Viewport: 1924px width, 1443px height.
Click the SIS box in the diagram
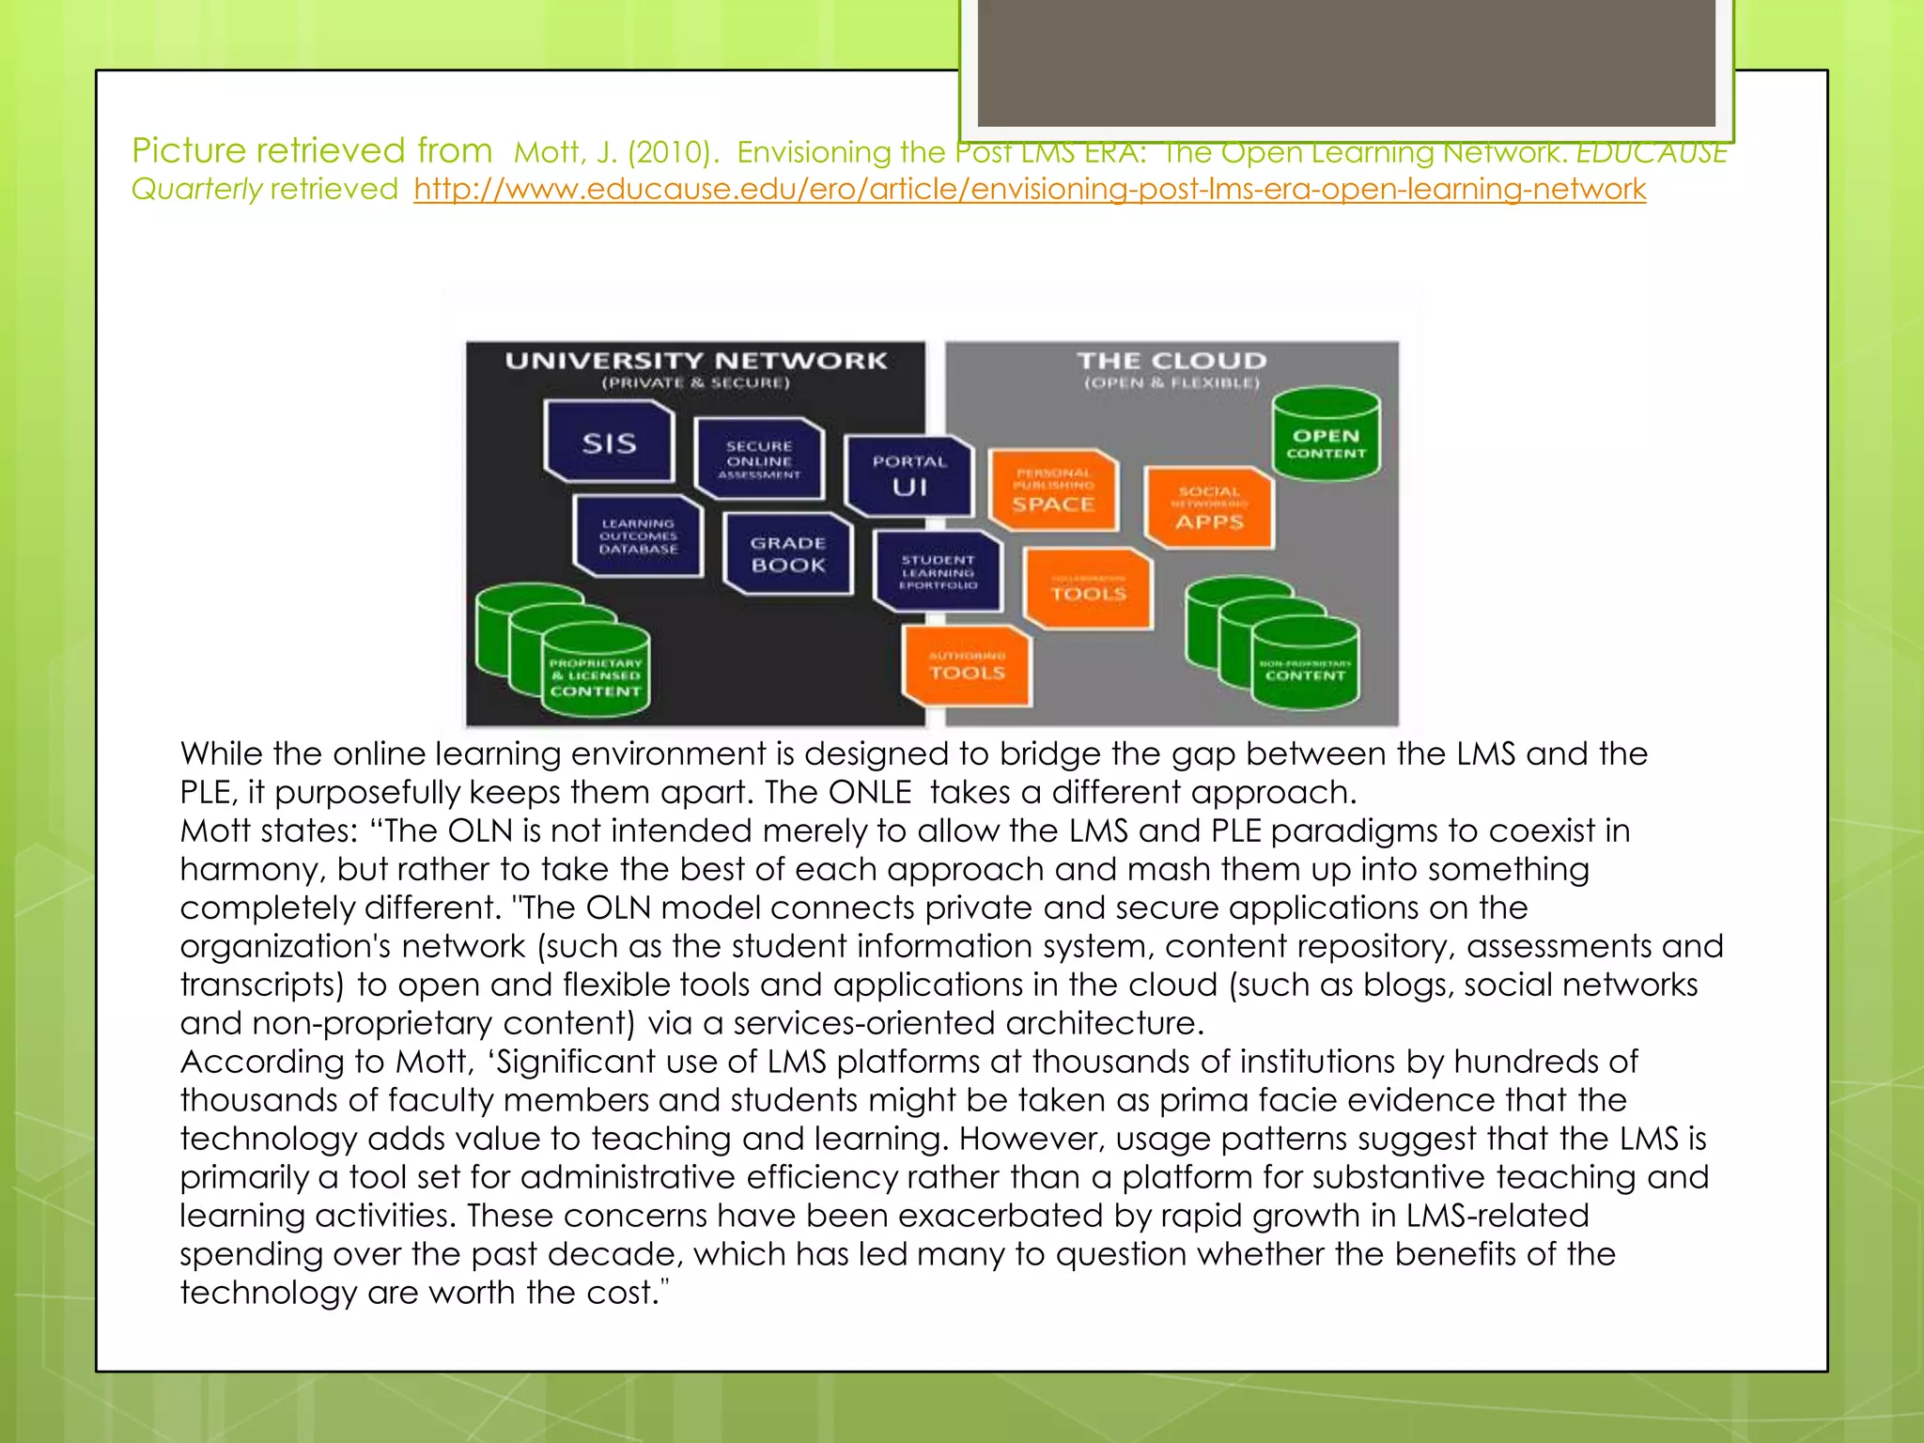tap(609, 442)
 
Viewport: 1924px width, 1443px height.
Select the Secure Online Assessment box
tap(759, 459)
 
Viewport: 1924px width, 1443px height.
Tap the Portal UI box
tap(908, 475)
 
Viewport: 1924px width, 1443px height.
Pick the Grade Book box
tap(788, 554)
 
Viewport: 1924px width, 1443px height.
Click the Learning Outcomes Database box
tap(638, 535)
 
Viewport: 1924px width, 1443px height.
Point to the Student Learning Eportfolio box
tap(938, 572)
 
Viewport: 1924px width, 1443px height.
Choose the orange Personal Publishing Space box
tap(1053, 490)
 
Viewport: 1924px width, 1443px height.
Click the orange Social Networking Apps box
tap(1209, 508)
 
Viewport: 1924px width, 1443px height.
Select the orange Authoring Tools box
tap(967, 665)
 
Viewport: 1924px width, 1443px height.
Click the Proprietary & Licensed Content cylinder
tap(596, 675)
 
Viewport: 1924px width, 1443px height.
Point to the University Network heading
tap(695, 361)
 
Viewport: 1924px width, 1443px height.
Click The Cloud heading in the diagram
tap(1171, 361)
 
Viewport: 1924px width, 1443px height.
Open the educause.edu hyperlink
tap(1030, 190)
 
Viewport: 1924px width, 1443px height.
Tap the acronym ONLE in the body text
tap(870, 792)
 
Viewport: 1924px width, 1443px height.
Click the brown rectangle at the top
tap(1346, 62)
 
